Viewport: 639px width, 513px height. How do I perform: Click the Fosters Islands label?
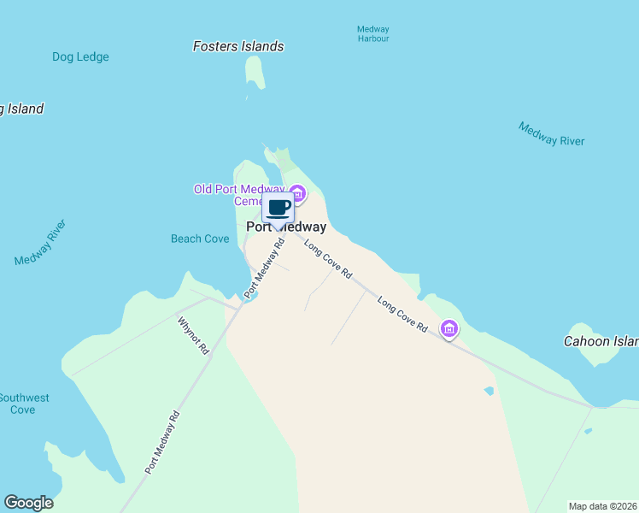click(x=237, y=46)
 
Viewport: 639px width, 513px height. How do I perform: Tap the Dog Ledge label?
click(x=80, y=57)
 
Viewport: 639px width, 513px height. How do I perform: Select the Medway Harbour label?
click(x=373, y=34)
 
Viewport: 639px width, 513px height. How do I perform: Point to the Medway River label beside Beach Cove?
click(x=40, y=243)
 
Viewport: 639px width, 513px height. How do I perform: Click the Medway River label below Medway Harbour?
click(x=551, y=134)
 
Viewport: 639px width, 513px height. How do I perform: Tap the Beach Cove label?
click(x=200, y=239)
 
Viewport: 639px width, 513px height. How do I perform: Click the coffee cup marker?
click(x=278, y=208)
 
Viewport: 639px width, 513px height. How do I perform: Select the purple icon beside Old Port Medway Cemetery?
click(x=296, y=192)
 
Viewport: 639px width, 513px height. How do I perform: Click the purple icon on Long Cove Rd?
click(x=448, y=328)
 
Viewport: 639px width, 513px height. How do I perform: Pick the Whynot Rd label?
click(x=194, y=335)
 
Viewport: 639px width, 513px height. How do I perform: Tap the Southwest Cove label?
click(x=23, y=404)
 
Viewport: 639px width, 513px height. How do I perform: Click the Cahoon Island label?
click(x=601, y=341)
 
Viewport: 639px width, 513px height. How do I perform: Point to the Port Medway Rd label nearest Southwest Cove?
click(x=162, y=442)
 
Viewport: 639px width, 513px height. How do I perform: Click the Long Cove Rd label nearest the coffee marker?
click(x=328, y=259)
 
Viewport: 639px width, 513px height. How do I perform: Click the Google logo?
click(x=28, y=503)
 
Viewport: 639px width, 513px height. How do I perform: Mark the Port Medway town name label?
click(x=286, y=227)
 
